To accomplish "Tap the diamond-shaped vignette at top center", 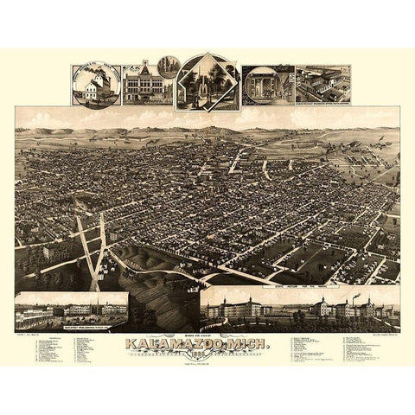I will pos(207,83).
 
